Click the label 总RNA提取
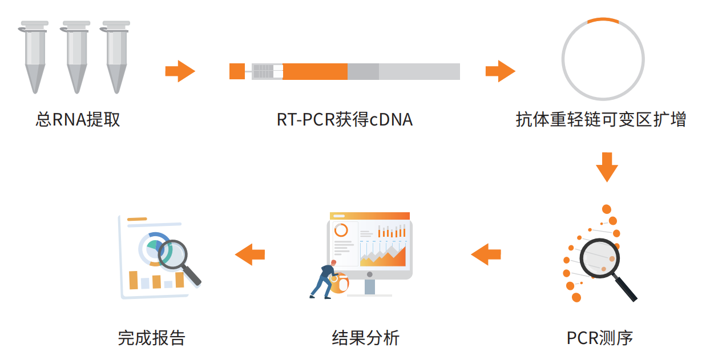pyautogui.click(x=78, y=120)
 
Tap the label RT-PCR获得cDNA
pyautogui.click(x=344, y=120)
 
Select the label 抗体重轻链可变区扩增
pyautogui.click(x=601, y=120)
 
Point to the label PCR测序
pyautogui.click(x=600, y=338)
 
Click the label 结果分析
pyautogui.click(x=366, y=338)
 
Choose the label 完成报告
pyautogui.click(x=152, y=338)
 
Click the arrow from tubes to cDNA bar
pyautogui.click(x=180, y=71)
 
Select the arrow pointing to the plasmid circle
pyautogui.click(x=500, y=71)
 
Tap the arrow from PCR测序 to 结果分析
pyautogui.click(x=486, y=254)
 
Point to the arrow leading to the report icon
pyautogui.click(x=250, y=254)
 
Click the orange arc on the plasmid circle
pyautogui.click(x=603, y=21)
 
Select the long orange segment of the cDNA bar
pyautogui.click(x=314, y=71)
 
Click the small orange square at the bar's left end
pyautogui.click(x=237, y=71)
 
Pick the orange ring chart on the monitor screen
pyautogui.click(x=341, y=230)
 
